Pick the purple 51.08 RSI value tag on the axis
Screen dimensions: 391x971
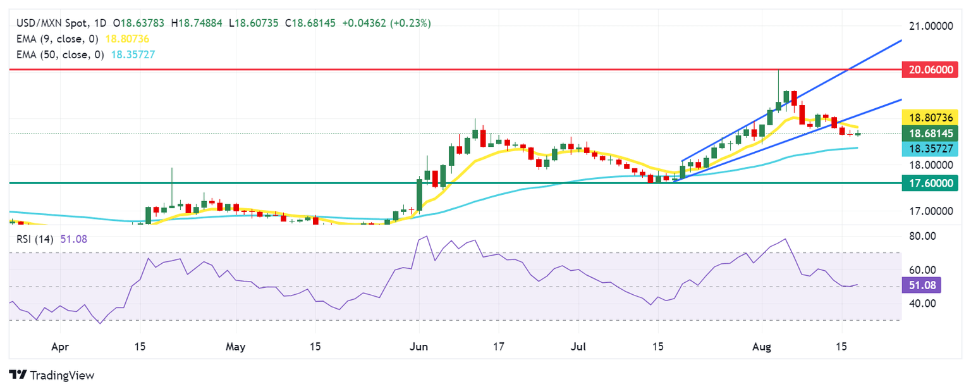pyautogui.click(x=922, y=285)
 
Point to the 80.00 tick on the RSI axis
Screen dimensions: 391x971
pyautogui.click(x=921, y=236)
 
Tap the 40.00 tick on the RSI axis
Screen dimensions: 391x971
pyautogui.click(x=921, y=303)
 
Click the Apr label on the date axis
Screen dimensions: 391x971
pyautogui.click(x=60, y=347)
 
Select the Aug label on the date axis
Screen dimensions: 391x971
pyautogui.click(x=761, y=347)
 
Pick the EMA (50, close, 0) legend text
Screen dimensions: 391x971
pyautogui.click(x=59, y=54)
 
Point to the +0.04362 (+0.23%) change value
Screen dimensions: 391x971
pyautogui.click(x=386, y=23)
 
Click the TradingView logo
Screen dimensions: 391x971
pyautogui.click(x=52, y=375)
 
